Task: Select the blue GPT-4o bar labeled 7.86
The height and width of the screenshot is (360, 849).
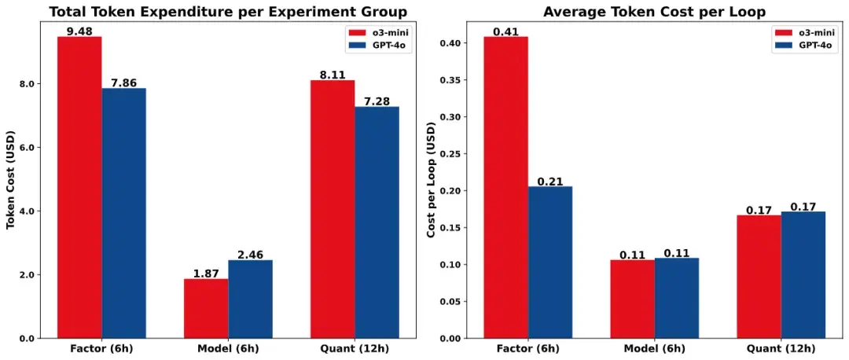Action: (123, 213)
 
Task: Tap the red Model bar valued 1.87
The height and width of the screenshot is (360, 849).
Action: (206, 308)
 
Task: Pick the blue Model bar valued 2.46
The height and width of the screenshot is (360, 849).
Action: (250, 299)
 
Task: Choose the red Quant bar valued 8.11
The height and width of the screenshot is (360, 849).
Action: (333, 209)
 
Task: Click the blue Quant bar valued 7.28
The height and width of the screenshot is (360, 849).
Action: (377, 222)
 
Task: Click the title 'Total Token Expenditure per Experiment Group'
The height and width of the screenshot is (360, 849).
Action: (228, 12)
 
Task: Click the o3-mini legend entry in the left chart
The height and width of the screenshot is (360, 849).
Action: (378, 32)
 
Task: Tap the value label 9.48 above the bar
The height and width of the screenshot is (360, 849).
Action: (79, 31)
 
